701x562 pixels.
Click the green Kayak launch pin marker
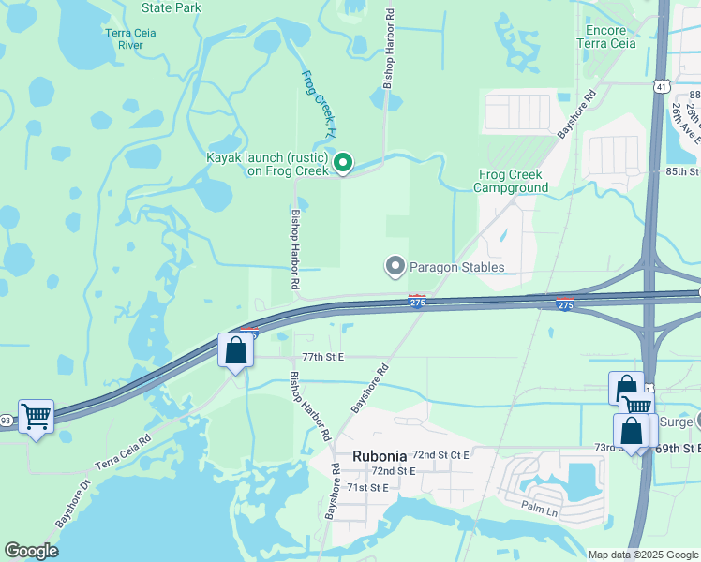point(343,163)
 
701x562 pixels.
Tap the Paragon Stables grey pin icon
point(395,267)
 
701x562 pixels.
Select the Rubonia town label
point(379,456)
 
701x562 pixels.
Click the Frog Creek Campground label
point(511,181)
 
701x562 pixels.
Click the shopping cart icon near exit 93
point(36,414)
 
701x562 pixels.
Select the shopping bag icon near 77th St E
point(236,351)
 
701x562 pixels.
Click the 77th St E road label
point(323,357)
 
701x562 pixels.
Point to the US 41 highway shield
point(661,87)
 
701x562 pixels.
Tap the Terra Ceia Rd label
point(122,452)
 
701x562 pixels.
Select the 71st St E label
point(367,487)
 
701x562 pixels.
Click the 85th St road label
point(682,172)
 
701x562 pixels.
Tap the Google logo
point(31,551)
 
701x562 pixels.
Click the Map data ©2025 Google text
point(642,555)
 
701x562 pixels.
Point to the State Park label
point(172,7)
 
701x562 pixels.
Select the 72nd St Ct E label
point(440,454)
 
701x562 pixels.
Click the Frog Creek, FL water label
point(318,105)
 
